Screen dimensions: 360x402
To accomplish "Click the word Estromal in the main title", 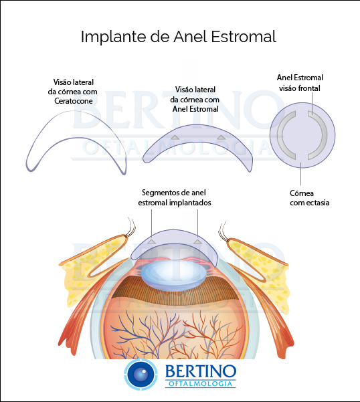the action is pos(244,36).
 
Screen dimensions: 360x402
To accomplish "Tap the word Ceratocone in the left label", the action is pos(74,101).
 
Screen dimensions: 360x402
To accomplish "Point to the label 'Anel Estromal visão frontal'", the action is pos(300,83).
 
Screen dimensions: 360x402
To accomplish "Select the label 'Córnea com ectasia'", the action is pos(310,198).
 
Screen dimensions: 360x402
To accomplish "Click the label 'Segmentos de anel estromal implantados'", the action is pos(175,198).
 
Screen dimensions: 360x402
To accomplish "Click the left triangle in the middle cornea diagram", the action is pos(175,137).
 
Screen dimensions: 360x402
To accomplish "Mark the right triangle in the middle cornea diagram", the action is pos(221,137).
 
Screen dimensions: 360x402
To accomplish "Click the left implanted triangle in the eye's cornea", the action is pos(151,241).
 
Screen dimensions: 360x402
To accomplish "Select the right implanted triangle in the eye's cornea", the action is pos(197,241).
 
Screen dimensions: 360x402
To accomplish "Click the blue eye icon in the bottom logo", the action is pos(141,375).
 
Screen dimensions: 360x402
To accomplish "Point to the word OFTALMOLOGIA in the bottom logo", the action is pos(201,383).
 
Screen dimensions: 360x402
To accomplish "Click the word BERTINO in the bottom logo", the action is pos(201,371).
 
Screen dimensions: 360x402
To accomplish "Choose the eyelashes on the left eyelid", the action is pos(131,226).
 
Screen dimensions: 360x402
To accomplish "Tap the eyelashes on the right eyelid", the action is pos(222,230).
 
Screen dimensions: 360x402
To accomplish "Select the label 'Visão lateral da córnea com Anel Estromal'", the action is pos(195,99).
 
